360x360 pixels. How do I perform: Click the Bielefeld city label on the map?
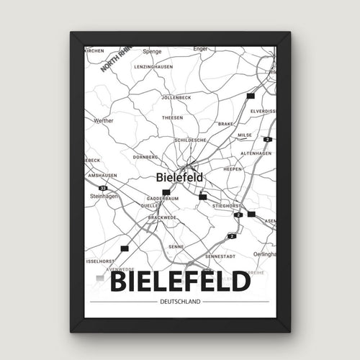pos(179,176)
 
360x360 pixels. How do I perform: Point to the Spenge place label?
pos(152,52)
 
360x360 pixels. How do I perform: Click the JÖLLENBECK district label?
pos(178,96)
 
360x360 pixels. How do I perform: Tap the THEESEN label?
pos(172,117)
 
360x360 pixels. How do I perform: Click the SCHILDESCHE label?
pos(190,140)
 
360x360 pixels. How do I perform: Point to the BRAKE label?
pos(225,124)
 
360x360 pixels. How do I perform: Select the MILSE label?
pos(246,134)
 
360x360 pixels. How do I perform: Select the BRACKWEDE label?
pos(162,217)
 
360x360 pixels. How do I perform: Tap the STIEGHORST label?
pos(225,205)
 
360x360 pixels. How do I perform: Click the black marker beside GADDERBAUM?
pos(166,192)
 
